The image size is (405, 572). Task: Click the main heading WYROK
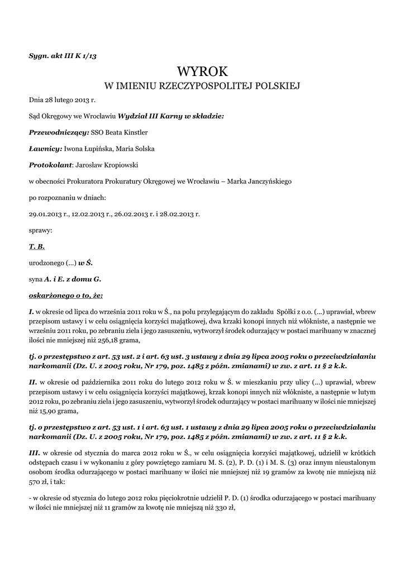pos(202,71)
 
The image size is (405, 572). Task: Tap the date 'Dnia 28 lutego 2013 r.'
pos(63,100)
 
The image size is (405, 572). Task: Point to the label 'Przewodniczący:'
pos(59,132)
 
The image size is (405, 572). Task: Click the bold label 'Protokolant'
pos(51,165)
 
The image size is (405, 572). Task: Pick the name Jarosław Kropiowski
pos(107,165)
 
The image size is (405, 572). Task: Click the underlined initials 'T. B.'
pos(37,246)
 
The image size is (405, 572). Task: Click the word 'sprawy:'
pos(41,230)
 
